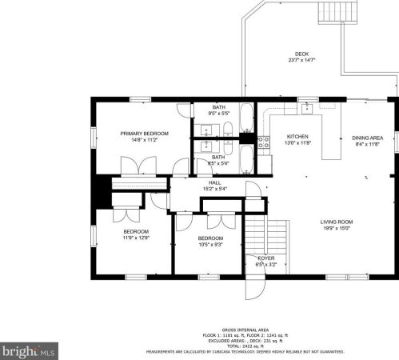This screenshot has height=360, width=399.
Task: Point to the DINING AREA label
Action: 367,138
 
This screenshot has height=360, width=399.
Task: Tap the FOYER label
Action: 265,258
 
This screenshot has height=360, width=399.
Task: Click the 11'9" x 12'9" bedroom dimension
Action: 125,238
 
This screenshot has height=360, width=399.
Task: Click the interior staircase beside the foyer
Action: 256,234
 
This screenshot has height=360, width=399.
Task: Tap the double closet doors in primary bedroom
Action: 132,166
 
